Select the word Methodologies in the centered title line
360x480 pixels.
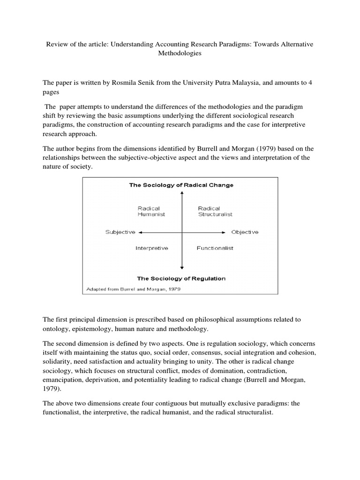point(180,53)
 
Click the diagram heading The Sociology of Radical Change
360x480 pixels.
point(181,185)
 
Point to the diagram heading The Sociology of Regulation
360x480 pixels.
point(181,278)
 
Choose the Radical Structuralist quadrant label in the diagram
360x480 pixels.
point(215,211)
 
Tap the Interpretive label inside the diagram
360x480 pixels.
point(152,247)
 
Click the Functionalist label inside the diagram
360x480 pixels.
point(215,247)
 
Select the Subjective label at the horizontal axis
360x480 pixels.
point(120,232)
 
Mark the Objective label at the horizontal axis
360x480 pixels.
point(244,232)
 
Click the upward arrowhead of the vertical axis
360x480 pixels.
point(181,194)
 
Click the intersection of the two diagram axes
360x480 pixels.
point(181,232)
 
